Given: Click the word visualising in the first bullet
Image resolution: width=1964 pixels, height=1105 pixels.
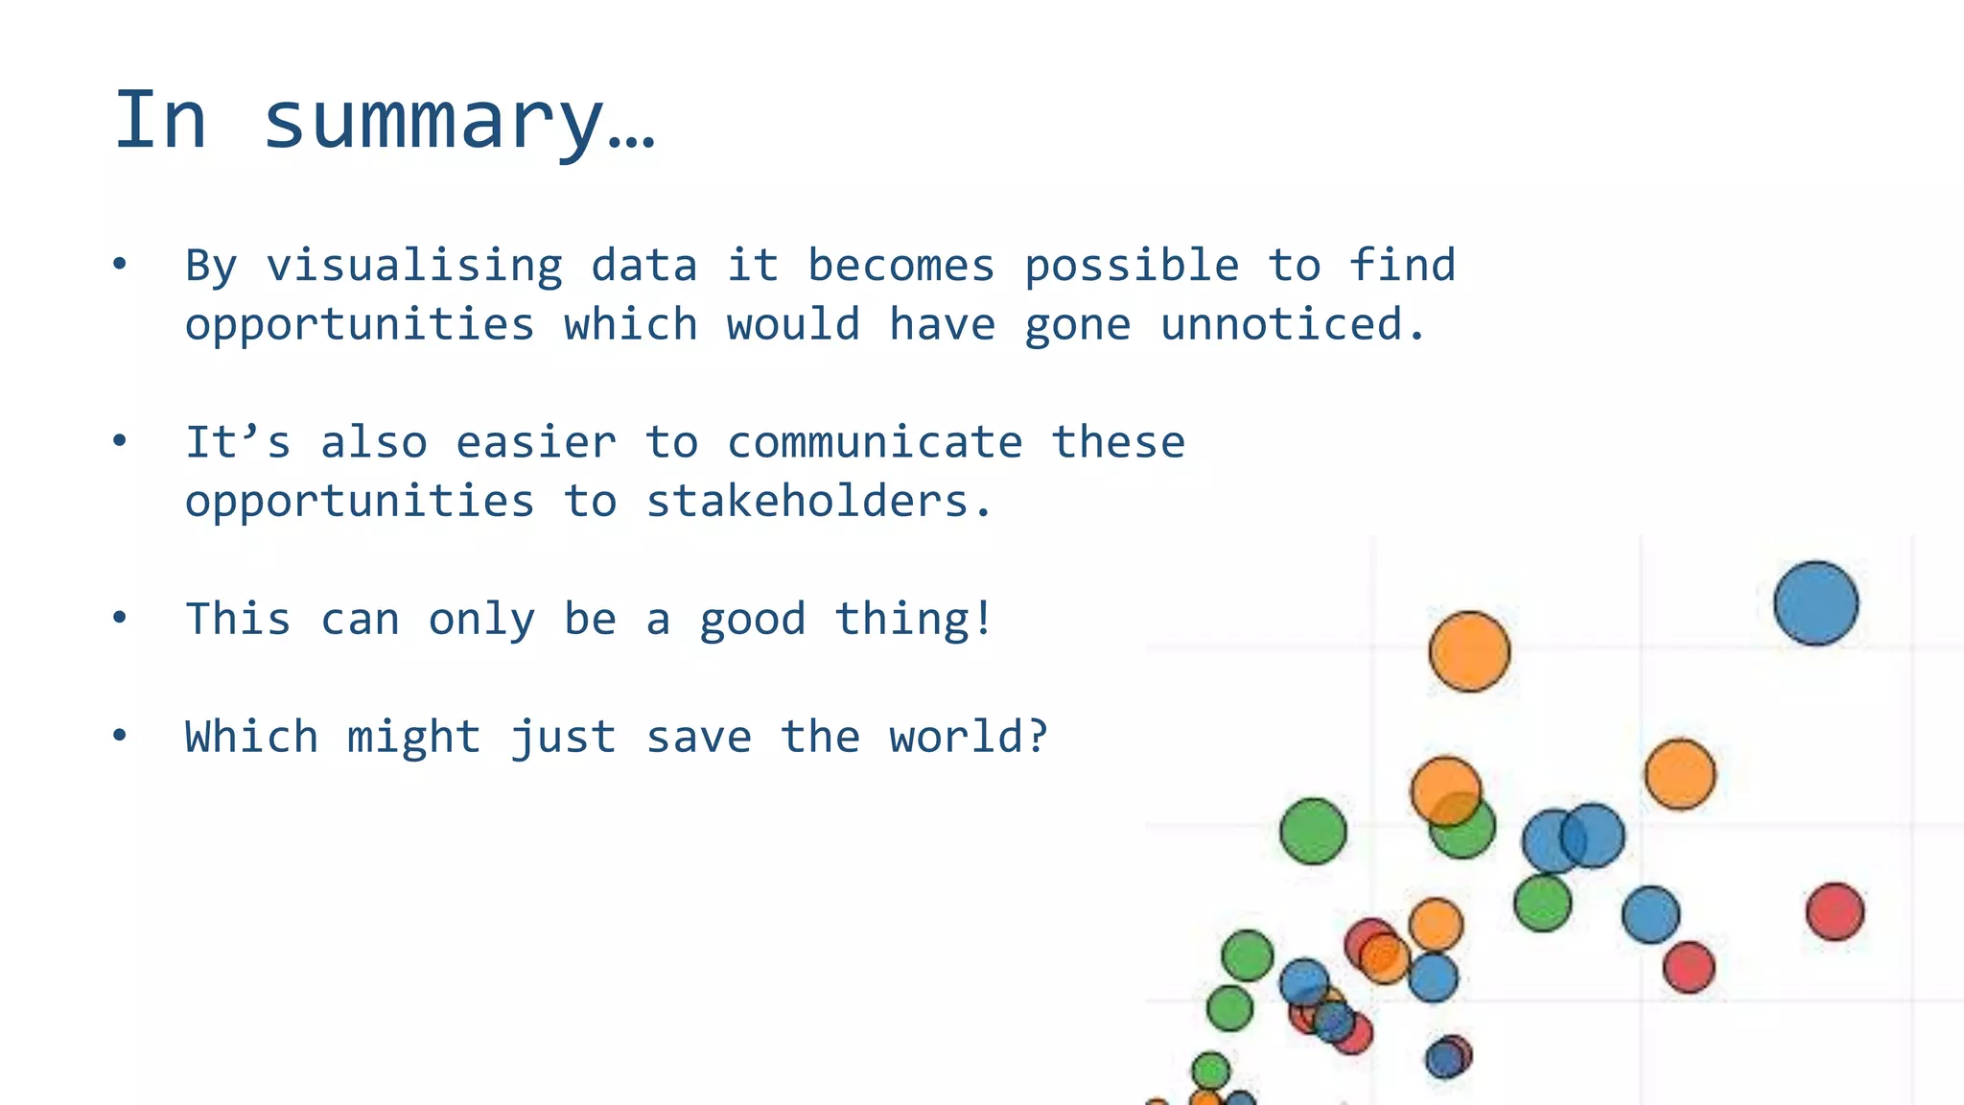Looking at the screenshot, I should (414, 267).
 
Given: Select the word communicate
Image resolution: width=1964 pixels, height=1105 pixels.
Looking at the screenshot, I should (875, 443).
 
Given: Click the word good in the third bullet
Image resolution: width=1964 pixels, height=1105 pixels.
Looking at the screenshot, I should (752, 621).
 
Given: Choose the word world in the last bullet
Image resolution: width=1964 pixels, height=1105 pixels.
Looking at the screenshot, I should (968, 738).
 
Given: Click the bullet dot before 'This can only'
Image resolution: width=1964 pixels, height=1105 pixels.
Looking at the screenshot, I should (119, 618).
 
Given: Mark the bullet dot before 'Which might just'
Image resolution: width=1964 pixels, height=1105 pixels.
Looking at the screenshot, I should (119, 736).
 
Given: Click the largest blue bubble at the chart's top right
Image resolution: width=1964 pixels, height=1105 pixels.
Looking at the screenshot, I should (1815, 603).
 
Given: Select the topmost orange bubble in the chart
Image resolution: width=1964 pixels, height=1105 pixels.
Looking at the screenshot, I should (1469, 651).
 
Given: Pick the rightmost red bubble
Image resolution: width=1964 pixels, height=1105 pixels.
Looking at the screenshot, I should (1835, 911).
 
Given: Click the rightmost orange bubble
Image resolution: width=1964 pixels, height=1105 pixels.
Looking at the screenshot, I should (1679, 774).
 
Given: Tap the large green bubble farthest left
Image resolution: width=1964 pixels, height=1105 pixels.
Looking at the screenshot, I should (1313, 831).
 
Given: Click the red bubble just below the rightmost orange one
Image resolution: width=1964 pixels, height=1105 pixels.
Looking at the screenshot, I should (1689, 967).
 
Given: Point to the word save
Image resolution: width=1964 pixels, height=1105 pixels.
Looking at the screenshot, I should (698, 738).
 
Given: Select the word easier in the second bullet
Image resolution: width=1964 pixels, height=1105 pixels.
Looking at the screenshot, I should (535, 443).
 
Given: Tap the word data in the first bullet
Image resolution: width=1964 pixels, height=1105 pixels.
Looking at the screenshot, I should (643, 267).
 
